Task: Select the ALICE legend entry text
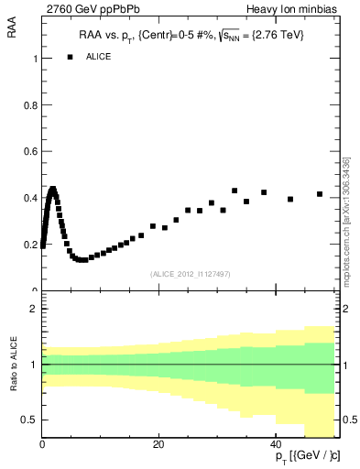(99, 57)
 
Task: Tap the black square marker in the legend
(70, 57)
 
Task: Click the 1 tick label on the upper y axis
(34, 59)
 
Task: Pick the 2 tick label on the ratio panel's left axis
(34, 310)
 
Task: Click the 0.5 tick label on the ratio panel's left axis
(30, 420)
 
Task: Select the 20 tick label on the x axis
(158, 443)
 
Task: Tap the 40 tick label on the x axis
(274, 443)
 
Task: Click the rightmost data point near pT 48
(320, 194)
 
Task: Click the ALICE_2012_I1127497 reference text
(189, 274)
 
